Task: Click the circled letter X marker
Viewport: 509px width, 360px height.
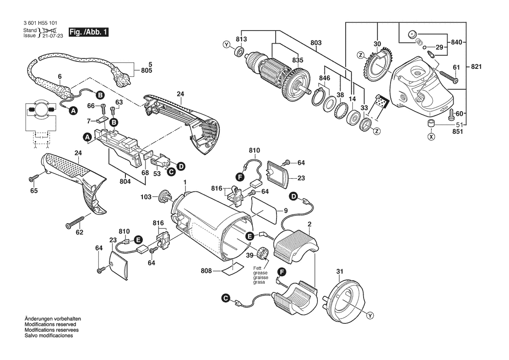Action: click(x=431, y=136)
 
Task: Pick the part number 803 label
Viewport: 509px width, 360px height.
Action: click(x=316, y=43)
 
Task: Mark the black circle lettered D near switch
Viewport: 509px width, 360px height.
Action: click(x=180, y=166)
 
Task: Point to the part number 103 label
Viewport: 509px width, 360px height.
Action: click(x=146, y=197)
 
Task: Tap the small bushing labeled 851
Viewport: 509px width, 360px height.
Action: click(x=431, y=123)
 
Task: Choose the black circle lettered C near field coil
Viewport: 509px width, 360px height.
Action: click(x=225, y=298)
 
